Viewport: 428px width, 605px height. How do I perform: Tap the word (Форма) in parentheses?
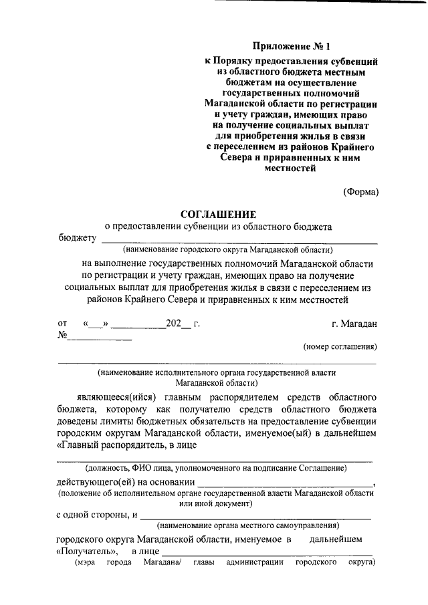tap(360, 192)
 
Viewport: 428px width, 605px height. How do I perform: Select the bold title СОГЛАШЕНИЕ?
tap(218, 214)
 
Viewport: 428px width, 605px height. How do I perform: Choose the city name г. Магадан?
tap(354, 324)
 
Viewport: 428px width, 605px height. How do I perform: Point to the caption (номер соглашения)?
tap(340, 347)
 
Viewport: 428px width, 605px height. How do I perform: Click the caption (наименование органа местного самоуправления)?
tap(245, 525)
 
